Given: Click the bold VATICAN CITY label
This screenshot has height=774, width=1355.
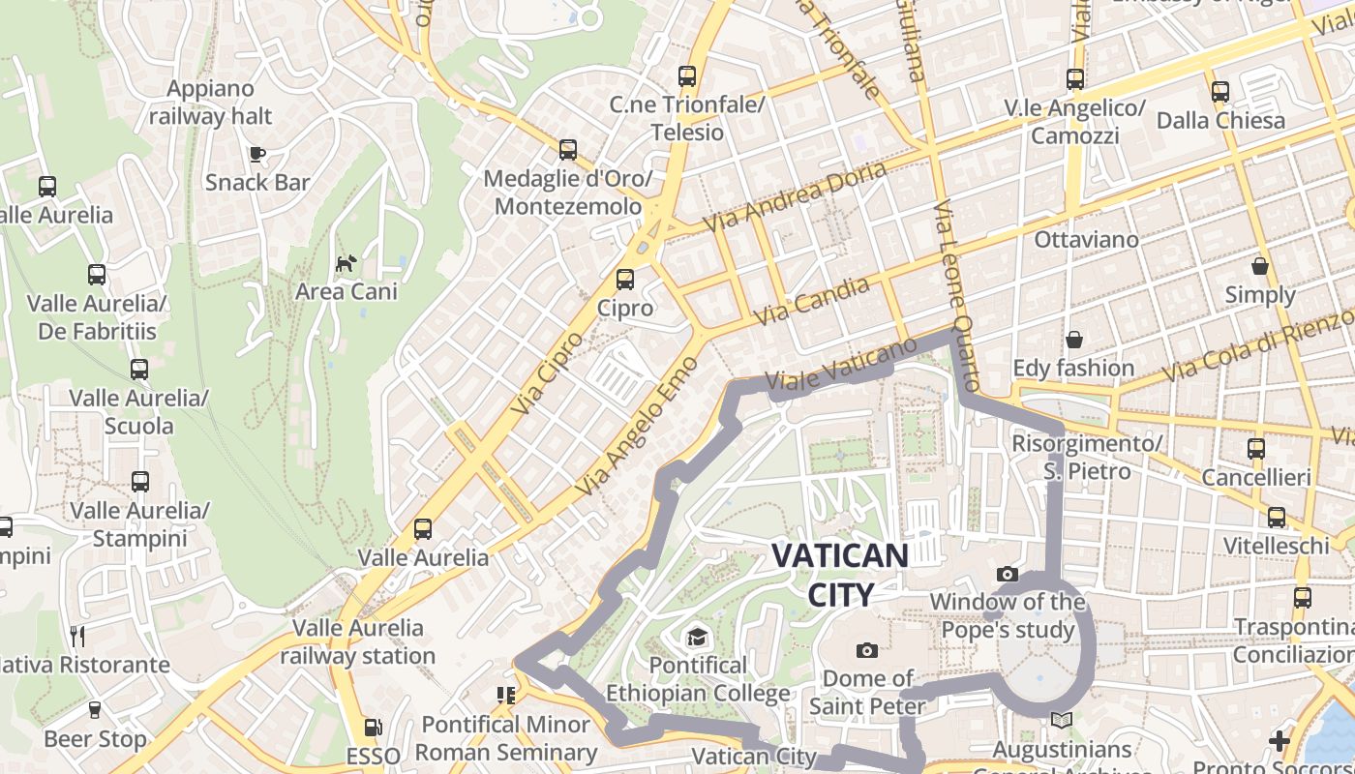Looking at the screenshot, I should pos(839,575).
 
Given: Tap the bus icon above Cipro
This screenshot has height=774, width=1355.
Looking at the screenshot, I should pos(625,280).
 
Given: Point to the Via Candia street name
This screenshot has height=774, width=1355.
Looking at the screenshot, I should pos(811,301).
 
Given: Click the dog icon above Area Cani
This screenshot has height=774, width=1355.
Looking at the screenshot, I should pos(346,263).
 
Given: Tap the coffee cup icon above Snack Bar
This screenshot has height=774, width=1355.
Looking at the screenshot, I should pos(256,154).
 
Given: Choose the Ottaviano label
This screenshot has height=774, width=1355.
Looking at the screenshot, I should pos(1083,238).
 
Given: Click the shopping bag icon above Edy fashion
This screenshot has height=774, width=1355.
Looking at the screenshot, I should pos(1073,340).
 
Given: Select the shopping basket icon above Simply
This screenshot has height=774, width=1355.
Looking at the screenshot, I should pos(1259,266).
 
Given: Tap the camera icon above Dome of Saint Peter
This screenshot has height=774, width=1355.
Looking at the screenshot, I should pos(866,650).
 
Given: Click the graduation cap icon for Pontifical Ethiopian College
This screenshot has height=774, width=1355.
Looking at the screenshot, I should pos(697,637).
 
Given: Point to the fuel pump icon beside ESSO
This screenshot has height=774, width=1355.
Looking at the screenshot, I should pos(373,728).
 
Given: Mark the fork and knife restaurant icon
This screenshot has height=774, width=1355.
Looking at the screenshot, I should pos(78,636).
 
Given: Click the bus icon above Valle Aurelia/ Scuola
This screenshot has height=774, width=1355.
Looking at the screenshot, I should pos(139,369).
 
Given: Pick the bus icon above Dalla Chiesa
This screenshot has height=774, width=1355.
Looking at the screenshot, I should pos(1220,92).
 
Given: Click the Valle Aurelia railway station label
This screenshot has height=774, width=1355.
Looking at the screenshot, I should pos(358,641).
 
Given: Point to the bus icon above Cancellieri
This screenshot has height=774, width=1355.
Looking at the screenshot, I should pos(1255,449).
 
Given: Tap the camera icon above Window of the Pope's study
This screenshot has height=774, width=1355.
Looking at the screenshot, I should pos(1007,574).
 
